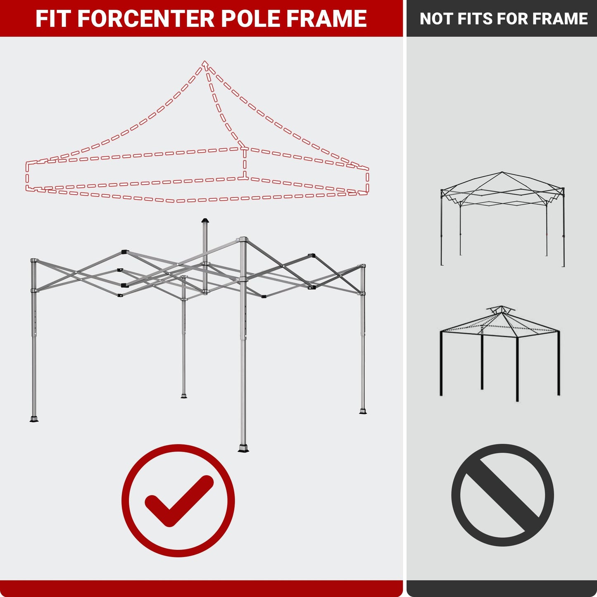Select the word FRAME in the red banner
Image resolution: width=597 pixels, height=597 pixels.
point(326,19)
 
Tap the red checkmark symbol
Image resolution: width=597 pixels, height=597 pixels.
point(178,500)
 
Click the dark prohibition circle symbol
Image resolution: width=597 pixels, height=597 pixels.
point(502,495)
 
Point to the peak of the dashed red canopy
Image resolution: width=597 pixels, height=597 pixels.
point(205,63)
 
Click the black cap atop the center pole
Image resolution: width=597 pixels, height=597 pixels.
point(205,221)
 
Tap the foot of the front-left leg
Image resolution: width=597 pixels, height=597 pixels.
point(34,419)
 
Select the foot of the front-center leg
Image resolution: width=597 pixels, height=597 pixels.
point(243,449)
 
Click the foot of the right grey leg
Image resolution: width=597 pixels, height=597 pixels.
point(363,411)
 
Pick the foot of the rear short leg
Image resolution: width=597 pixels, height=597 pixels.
point(184,396)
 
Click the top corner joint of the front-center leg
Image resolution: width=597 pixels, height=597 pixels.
point(243,240)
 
